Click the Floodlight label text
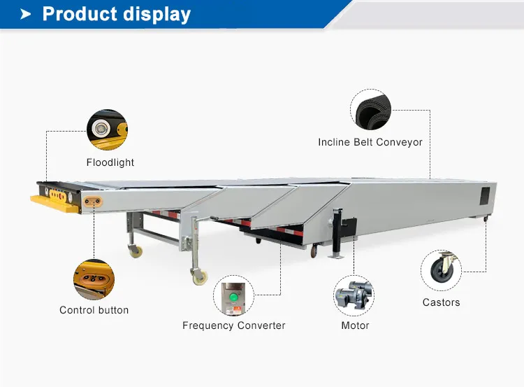[x=110, y=162]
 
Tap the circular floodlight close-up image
[x=107, y=129]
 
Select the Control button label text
[x=94, y=310]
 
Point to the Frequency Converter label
[x=234, y=325]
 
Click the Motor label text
[x=355, y=325]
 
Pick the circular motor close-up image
[x=354, y=295]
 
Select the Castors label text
[x=442, y=302]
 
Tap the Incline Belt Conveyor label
[x=370, y=142]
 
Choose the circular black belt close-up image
[x=370, y=109]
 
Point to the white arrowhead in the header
[x=25, y=14]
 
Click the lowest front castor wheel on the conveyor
[x=199, y=278]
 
